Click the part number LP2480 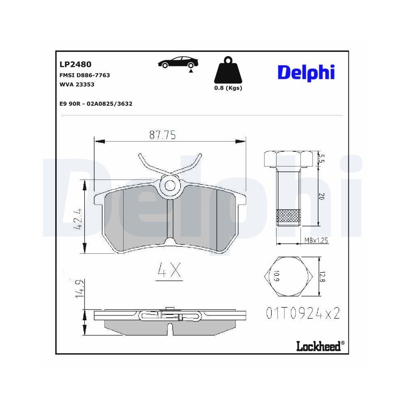point(75,64)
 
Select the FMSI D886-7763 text point(84,75)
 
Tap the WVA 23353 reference point(77,84)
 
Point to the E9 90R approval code point(95,104)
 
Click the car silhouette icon point(178,63)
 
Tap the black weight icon point(228,71)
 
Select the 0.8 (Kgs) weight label point(228,88)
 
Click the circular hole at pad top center point(170,186)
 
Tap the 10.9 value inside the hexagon point(276,276)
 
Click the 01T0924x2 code point(303,313)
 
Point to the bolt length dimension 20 point(321,196)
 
